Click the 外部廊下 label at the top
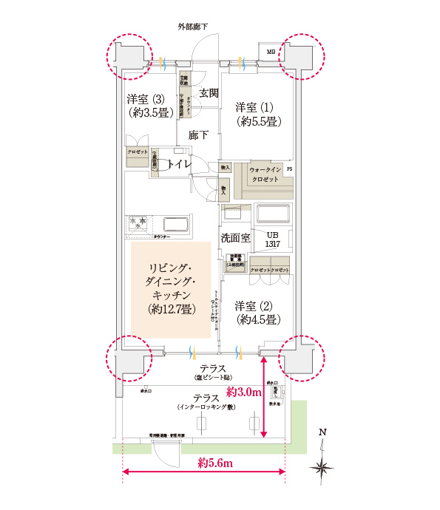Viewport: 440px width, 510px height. click(x=192, y=27)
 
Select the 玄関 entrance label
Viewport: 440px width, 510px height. click(x=209, y=93)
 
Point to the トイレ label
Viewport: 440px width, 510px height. click(x=180, y=164)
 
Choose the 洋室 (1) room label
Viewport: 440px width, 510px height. click(x=254, y=112)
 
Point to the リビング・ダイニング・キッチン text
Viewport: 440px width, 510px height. click(x=172, y=287)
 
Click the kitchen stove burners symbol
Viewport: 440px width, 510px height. click(x=138, y=222)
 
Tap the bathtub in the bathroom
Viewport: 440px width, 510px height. click(x=272, y=215)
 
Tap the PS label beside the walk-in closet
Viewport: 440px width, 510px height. click(x=290, y=169)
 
